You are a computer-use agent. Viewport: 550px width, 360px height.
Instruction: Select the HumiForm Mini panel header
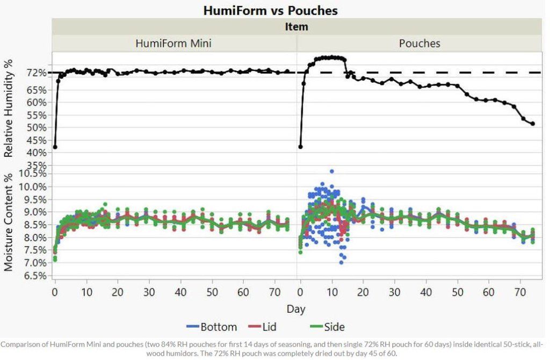pyautogui.click(x=173, y=44)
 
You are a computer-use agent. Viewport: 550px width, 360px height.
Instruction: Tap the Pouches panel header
pyautogui.click(x=419, y=44)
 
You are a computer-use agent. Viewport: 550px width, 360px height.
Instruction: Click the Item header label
pyautogui.click(x=296, y=27)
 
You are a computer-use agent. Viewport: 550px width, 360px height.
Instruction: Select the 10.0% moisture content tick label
pyautogui.click(x=33, y=186)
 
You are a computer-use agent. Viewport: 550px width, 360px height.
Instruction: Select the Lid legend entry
pyautogui.click(x=266, y=327)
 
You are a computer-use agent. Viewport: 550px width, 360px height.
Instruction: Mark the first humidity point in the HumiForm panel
pyautogui.click(x=55, y=147)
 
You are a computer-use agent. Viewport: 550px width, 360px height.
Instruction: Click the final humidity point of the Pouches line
pyautogui.click(x=533, y=124)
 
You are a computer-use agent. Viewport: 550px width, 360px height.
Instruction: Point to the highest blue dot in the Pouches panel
pyautogui.click(x=332, y=171)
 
